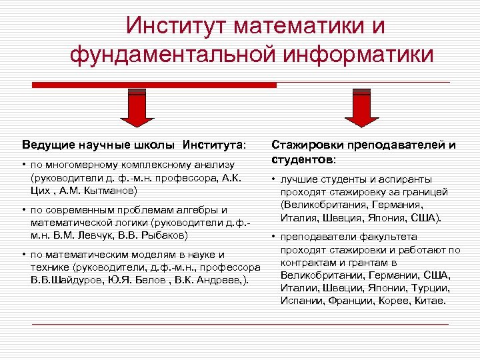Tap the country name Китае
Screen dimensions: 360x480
[429, 301]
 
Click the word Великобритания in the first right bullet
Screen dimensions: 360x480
[318, 205]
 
